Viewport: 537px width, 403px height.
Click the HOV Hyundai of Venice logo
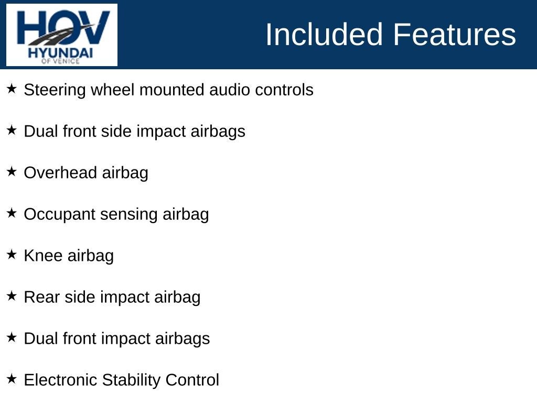[x=62, y=35]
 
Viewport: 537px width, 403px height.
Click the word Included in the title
[x=324, y=34]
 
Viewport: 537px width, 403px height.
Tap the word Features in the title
[x=454, y=34]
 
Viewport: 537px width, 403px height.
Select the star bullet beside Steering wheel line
[x=12, y=89]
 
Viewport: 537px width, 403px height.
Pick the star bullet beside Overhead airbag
[x=12, y=172]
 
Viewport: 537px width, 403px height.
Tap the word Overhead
[x=60, y=173]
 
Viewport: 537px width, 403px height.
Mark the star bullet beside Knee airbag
[x=12, y=254]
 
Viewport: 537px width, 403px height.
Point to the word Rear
[x=42, y=297]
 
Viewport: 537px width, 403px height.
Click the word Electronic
[x=60, y=380]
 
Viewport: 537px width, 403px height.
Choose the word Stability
[x=131, y=380]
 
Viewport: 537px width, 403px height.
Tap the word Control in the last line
[x=192, y=380]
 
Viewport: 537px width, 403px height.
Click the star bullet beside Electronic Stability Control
[x=12, y=379]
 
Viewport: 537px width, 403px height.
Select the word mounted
[x=171, y=90]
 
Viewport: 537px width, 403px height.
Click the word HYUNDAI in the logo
[x=61, y=53]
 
